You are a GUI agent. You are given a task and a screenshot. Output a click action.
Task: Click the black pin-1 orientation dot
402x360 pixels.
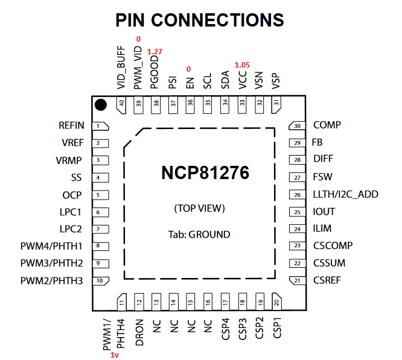pyautogui.click(x=101, y=105)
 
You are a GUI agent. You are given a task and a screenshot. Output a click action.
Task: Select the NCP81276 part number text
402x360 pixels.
pyautogui.click(x=205, y=173)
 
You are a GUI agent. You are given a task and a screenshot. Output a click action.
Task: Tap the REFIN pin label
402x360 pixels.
pyautogui.click(x=71, y=126)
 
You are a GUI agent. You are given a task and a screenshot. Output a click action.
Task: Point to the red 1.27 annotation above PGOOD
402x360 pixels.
pyautogui.click(x=155, y=52)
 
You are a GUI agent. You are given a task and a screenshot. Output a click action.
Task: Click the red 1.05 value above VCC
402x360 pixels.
pyautogui.click(x=242, y=65)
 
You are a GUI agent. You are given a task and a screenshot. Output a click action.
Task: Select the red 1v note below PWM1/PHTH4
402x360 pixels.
pyautogui.click(x=115, y=355)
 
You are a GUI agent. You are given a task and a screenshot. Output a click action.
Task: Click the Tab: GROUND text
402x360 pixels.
pyautogui.click(x=200, y=234)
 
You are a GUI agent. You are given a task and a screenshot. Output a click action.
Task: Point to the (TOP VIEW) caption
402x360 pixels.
pyautogui.click(x=199, y=208)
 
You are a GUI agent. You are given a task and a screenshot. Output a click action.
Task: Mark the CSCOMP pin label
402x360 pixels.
pyautogui.click(x=333, y=246)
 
